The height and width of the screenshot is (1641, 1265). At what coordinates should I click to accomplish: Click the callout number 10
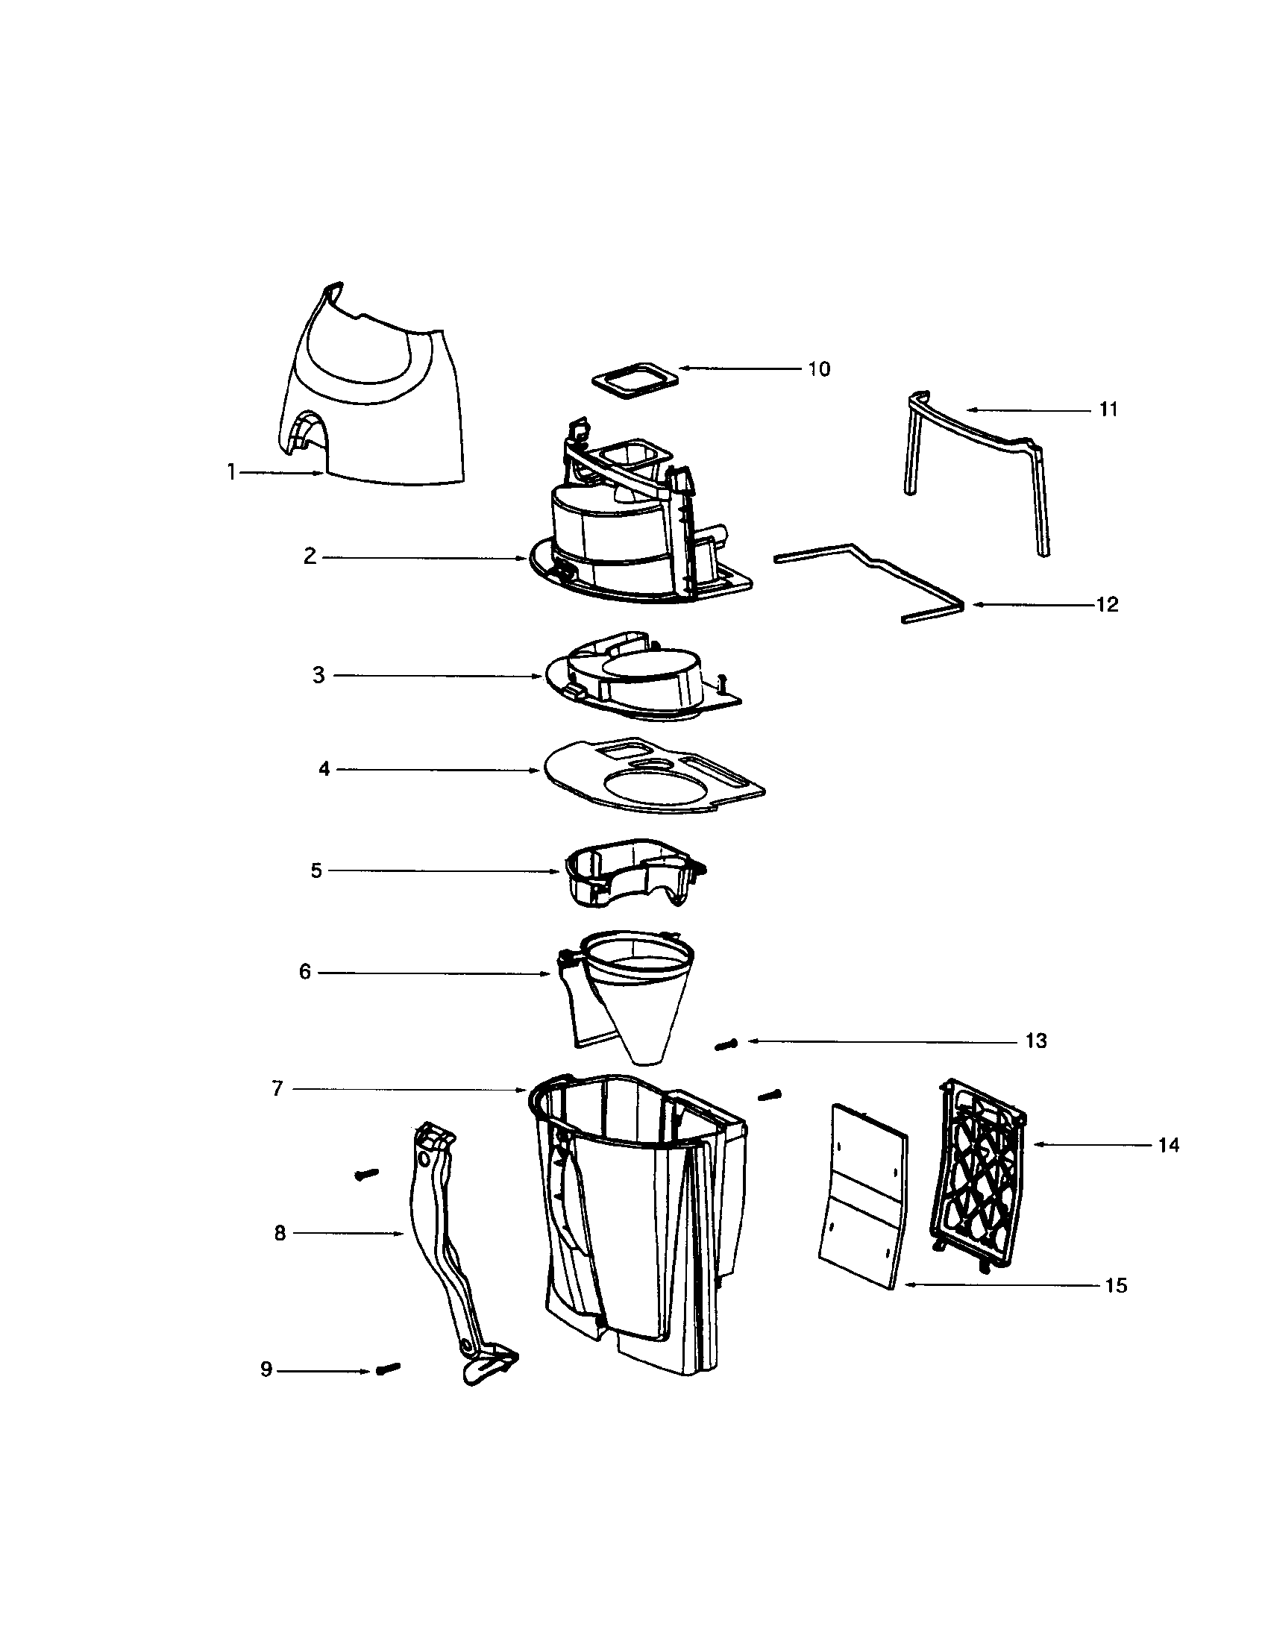(x=819, y=369)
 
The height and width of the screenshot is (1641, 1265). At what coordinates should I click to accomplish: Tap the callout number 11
(x=1109, y=410)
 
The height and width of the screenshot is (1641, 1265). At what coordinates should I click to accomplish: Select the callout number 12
(x=1108, y=605)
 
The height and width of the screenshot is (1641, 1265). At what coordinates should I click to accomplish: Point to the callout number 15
(x=1117, y=1286)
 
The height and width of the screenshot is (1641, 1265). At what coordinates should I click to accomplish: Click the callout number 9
(x=266, y=1369)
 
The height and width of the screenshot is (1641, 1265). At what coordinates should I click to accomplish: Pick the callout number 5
(x=316, y=870)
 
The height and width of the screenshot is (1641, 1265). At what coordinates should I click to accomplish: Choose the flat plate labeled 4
(x=653, y=776)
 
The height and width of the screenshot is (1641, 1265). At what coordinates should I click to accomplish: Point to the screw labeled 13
(x=726, y=1044)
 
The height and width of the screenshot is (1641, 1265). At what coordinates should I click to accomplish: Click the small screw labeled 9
(x=388, y=1368)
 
